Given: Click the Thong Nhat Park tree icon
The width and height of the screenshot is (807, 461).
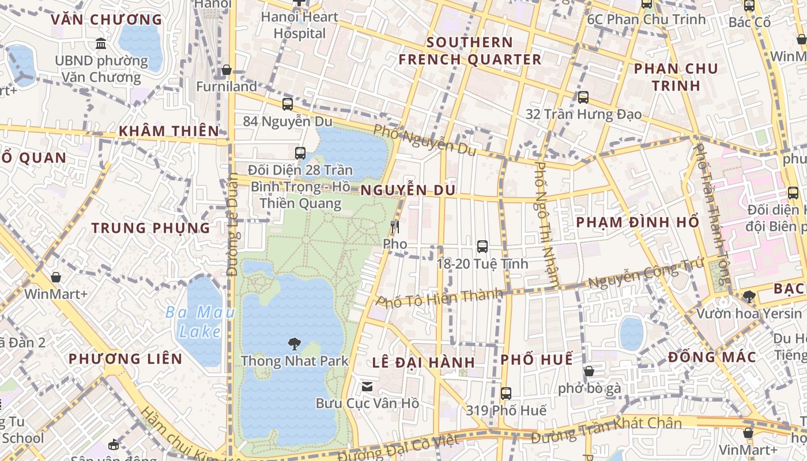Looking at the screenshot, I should (x=295, y=344).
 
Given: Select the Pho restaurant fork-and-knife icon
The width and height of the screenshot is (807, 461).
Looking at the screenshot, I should (x=395, y=227).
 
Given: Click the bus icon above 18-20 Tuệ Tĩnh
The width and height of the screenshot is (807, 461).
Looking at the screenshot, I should (x=482, y=247).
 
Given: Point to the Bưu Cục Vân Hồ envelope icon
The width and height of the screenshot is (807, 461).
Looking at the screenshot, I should (x=367, y=387).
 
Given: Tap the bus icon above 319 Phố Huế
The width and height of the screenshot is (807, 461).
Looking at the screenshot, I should (x=506, y=394).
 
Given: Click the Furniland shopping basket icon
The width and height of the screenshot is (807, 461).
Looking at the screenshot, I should (x=227, y=70).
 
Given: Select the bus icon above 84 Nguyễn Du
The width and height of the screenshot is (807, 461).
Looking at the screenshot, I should (x=288, y=104).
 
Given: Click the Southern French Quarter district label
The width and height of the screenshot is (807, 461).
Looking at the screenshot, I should (x=470, y=51).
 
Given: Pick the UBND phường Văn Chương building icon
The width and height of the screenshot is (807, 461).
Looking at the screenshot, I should (x=101, y=44).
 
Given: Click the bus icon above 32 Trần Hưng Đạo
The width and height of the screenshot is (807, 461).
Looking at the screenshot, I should (x=583, y=97).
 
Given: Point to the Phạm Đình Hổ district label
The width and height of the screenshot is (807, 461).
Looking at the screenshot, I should (x=638, y=222).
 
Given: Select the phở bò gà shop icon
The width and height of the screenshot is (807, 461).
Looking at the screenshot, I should (x=589, y=372).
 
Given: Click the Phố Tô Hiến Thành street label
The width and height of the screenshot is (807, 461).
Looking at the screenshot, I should (x=439, y=298).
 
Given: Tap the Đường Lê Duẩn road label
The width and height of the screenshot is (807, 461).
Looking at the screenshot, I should (x=232, y=225).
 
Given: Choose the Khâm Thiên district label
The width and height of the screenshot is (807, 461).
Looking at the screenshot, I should (x=169, y=131).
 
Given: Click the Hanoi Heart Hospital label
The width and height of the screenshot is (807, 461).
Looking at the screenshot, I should (x=299, y=25).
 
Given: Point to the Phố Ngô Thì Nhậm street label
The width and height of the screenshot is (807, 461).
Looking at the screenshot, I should (x=546, y=225).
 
